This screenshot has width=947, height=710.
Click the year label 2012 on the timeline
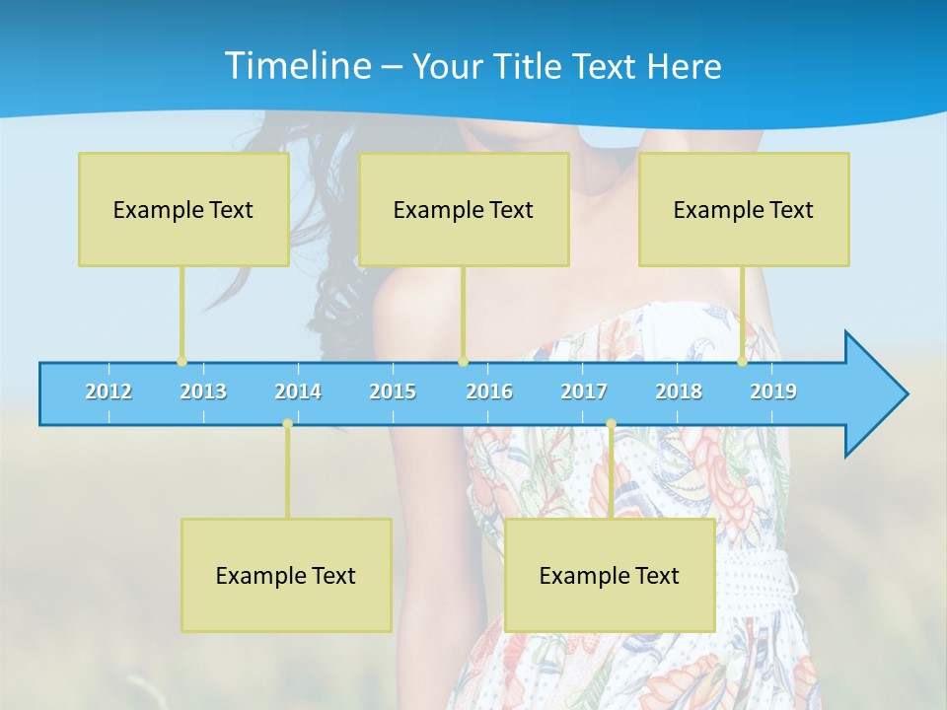click(x=109, y=391)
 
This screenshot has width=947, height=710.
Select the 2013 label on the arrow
click(x=203, y=391)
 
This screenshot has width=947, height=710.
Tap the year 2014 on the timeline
click(x=298, y=391)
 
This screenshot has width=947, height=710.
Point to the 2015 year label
click(x=393, y=391)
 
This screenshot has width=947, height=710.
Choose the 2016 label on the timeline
click(x=489, y=391)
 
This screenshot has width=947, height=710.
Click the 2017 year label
click(x=584, y=391)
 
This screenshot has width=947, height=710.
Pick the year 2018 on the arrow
click(x=679, y=391)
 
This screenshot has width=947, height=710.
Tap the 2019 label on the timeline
click(x=773, y=391)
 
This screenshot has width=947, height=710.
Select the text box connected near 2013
click(x=183, y=209)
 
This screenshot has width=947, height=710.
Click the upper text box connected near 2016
click(x=464, y=209)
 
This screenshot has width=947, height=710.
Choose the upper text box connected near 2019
click(x=744, y=209)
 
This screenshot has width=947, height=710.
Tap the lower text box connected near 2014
click(x=286, y=575)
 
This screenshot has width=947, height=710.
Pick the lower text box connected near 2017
click(x=610, y=575)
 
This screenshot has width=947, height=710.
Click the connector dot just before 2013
click(x=182, y=362)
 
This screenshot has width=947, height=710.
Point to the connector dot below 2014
click(x=287, y=424)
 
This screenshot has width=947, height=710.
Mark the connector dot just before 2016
click(x=463, y=362)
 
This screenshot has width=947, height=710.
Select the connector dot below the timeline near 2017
click(x=611, y=424)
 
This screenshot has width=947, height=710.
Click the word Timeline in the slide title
click(x=297, y=66)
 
